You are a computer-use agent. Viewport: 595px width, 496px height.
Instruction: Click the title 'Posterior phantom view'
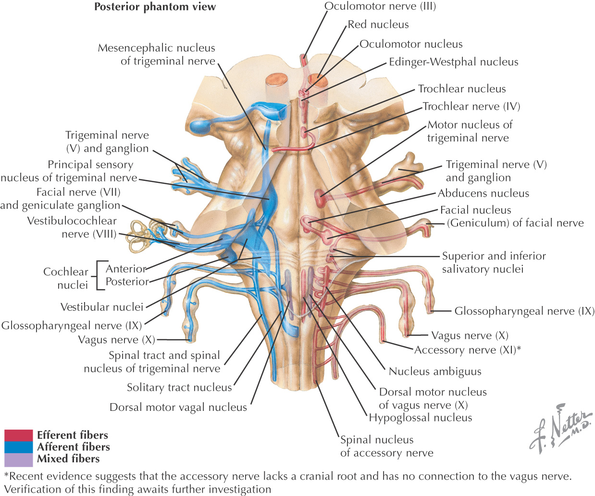pos(155,7)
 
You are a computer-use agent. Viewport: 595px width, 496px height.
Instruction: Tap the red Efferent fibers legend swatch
pos(19,435)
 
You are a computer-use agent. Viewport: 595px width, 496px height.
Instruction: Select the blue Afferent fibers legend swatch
pos(19,447)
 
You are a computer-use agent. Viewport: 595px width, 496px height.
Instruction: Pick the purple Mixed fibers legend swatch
pos(19,459)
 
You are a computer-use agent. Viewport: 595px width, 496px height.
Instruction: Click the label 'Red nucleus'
pos(378,25)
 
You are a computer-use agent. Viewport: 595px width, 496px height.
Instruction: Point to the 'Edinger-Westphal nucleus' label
pos(453,62)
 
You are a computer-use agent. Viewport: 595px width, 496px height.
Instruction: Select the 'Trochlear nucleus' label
pos(461,89)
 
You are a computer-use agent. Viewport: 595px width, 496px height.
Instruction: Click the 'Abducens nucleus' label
pos(483,193)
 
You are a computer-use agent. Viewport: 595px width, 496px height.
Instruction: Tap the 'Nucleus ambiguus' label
pos(434,371)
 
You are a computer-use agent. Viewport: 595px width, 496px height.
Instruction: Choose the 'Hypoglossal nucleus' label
pos(420,418)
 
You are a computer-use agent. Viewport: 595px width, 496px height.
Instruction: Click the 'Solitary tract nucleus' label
pos(179,388)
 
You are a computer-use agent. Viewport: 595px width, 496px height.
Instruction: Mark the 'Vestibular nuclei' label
pos(102,307)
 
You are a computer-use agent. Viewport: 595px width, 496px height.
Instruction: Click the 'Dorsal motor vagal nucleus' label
pos(178,407)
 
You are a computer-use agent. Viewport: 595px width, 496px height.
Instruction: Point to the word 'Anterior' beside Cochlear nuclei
pos(125,269)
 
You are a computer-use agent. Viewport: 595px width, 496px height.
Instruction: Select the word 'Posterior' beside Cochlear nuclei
pos(127,282)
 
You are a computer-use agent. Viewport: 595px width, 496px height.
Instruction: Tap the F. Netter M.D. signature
pos(560,428)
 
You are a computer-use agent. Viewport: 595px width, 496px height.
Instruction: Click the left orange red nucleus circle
pos(276,79)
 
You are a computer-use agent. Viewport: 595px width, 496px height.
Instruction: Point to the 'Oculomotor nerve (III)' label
pos(380,7)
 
